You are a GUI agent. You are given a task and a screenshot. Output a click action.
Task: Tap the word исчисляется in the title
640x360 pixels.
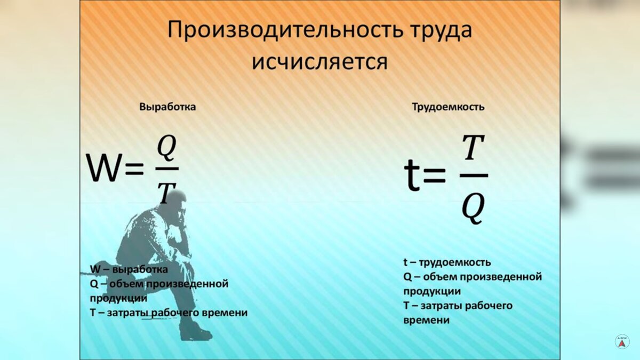tap(319, 62)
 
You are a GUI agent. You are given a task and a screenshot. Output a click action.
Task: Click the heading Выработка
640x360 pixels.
tap(167, 107)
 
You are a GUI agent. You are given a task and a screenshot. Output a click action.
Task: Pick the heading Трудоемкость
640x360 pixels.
tap(448, 107)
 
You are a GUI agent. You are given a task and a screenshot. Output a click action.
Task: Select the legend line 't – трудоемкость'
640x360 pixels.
tap(447, 262)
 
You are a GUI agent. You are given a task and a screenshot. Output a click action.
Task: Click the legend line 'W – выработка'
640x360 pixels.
tap(129, 269)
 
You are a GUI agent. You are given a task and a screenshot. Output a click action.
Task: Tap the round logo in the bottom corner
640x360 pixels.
tap(622, 341)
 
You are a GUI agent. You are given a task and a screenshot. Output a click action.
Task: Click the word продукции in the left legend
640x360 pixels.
tap(118, 298)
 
